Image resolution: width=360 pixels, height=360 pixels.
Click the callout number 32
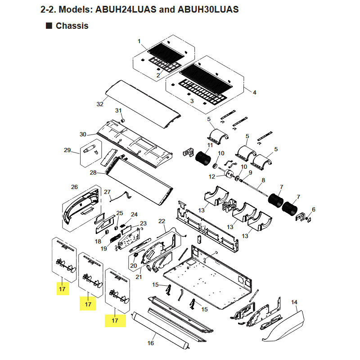click(100, 104)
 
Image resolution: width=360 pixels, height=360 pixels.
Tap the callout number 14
click(294, 302)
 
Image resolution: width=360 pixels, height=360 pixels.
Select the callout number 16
click(151, 343)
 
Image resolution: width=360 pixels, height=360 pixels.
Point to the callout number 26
click(74, 187)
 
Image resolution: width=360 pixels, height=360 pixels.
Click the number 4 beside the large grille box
click(255, 93)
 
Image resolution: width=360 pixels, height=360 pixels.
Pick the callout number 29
click(67, 150)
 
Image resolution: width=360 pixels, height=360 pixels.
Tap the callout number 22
click(162, 221)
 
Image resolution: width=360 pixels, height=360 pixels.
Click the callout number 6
click(314, 209)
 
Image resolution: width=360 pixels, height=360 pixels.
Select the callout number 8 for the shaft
click(263, 180)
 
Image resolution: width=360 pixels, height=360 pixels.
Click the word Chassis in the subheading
click(72, 26)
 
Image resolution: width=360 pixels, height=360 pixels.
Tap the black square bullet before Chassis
click(49, 26)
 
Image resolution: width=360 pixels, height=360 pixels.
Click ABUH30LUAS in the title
click(208, 9)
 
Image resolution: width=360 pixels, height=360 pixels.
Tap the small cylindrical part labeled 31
click(123, 120)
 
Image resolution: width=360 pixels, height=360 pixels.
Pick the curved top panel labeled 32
click(142, 104)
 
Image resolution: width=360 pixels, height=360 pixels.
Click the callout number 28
click(93, 173)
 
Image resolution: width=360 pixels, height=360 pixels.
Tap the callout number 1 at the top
click(139, 41)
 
